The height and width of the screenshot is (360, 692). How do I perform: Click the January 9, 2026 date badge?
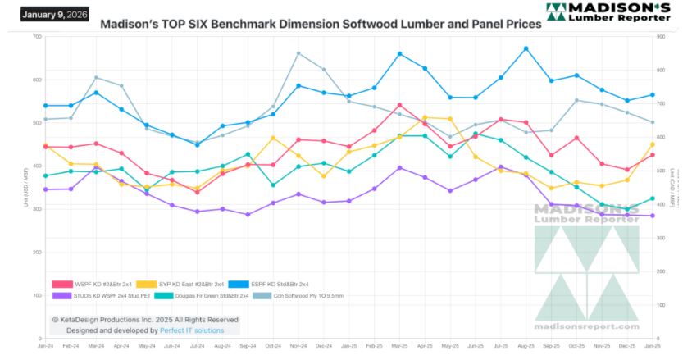point(54,15)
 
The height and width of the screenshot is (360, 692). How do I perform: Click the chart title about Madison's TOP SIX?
point(321,25)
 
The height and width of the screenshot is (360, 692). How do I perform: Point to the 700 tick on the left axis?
point(37,37)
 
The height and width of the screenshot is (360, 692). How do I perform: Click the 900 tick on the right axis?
point(662,37)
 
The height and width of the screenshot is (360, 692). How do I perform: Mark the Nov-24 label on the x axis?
point(298,346)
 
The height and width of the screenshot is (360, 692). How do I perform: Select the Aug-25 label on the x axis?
point(526,346)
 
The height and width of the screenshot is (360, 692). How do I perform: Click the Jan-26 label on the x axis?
point(652,346)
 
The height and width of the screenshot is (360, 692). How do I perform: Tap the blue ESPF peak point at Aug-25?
point(526,48)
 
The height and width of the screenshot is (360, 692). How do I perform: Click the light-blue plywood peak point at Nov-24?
point(298,53)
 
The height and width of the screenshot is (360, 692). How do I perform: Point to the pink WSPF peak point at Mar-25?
point(399,105)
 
